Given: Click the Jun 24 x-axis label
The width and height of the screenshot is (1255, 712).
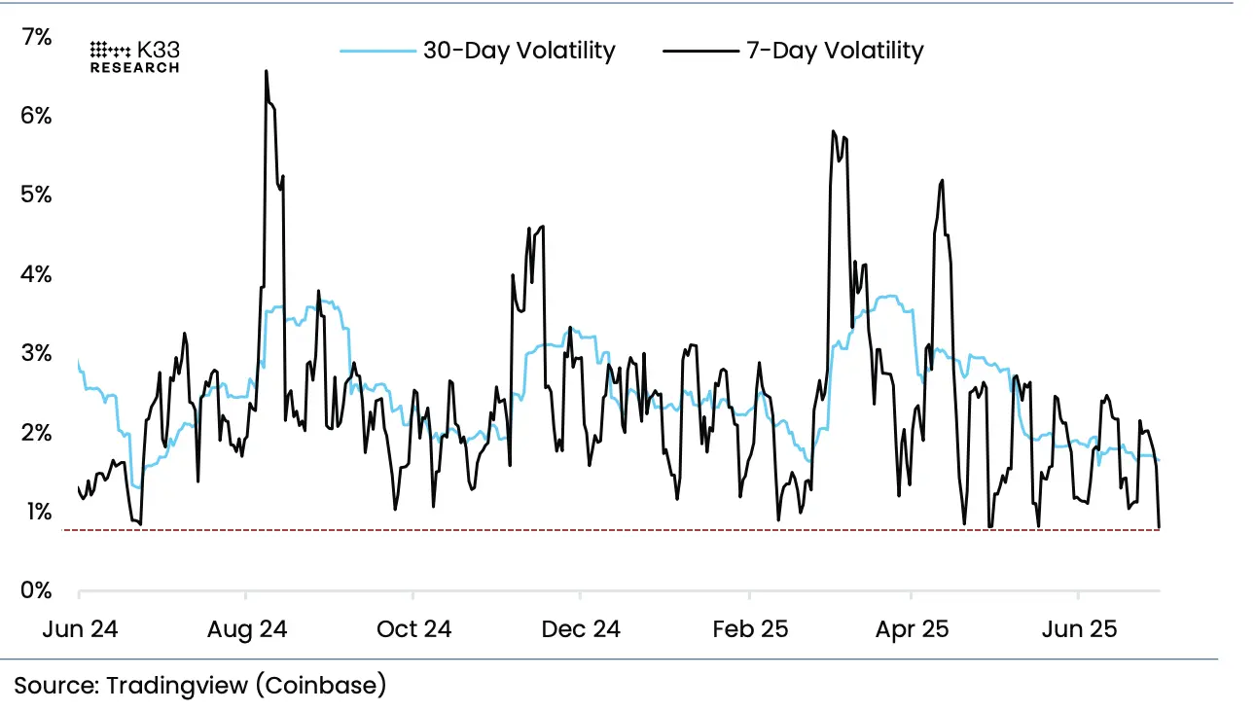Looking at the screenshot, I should (x=80, y=629).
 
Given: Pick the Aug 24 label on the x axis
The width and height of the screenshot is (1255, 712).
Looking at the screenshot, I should (x=247, y=629).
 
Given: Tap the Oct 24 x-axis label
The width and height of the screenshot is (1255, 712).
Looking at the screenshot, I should (x=414, y=629).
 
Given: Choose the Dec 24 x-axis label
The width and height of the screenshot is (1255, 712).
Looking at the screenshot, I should (x=580, y=629).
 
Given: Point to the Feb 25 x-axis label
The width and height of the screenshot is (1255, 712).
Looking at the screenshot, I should (x=749, y=629).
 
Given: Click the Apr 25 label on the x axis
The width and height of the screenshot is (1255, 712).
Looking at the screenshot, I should (x=912, y=629).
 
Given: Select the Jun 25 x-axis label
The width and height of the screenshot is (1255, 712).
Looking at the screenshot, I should (x=1078, y=629).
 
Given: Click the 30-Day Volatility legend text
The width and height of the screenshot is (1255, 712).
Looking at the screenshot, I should (x=519, y=51).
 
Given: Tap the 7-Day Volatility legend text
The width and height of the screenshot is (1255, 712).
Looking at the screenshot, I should (x=834, y=51).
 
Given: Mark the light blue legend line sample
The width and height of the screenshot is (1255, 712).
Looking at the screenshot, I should (x=376, y=51).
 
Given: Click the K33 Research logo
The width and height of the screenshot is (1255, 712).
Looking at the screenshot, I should (x=134, y=56).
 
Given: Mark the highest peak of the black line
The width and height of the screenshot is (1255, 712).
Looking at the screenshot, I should (x=266, y=71).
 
